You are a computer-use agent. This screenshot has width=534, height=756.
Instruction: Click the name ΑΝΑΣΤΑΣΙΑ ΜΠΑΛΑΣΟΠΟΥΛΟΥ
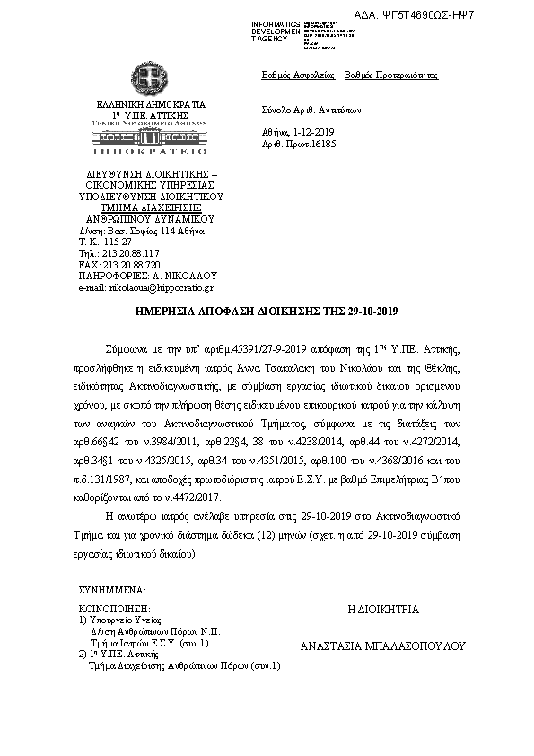(x=383, y=646)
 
